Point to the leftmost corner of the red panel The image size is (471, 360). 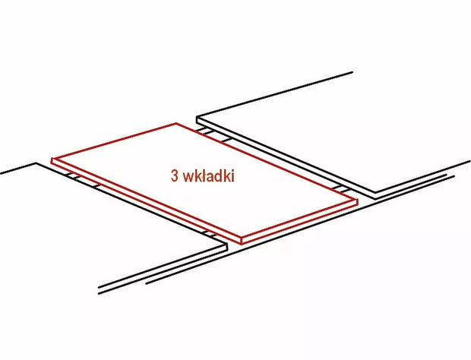(52, 159)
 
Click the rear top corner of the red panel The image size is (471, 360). (176, 123)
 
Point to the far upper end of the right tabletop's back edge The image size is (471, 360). (352, 72)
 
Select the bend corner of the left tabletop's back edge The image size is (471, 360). (36, 163)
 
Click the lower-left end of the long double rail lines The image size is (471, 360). (100, 291)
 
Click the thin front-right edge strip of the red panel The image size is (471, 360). (299, 223)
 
